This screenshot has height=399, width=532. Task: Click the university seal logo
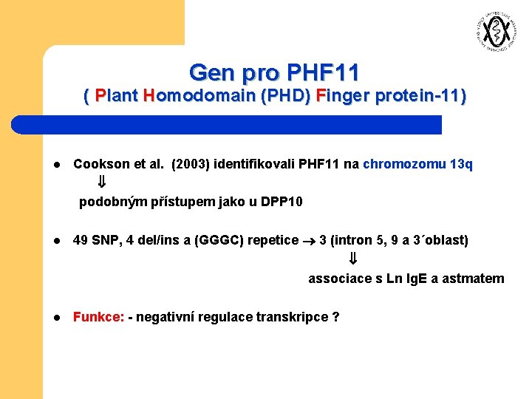(x=493, y=32)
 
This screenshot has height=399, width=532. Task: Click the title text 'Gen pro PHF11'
(x=274, y=72)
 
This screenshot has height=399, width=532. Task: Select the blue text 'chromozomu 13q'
(x=417, y=164)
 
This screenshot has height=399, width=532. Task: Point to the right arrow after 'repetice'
(x=309, y=241)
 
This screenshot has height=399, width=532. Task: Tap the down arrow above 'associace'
(x=353, y=259)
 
